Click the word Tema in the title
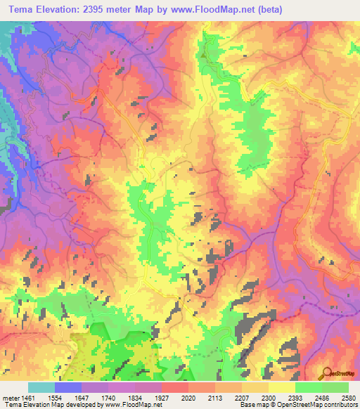click(x=17, y=9)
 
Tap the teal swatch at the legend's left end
click(x=41, y=387)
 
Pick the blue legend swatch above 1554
click(x=67, y=387)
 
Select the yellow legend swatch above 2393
click(x=281, y=387)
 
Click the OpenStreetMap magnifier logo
click(x=325, y=372)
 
